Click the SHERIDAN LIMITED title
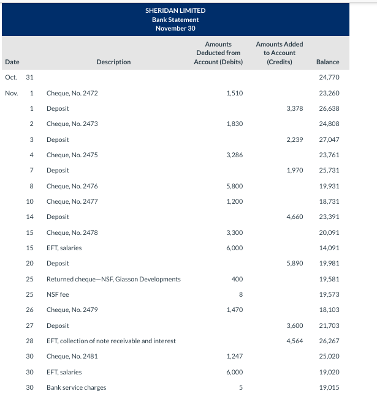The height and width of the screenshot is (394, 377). pos(175,10)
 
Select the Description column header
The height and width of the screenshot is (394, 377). pos(113,62)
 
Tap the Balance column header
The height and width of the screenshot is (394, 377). pos(327,62)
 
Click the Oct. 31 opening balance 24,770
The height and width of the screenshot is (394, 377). pos(329,78)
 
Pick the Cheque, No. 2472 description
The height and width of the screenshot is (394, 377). pos(72,93)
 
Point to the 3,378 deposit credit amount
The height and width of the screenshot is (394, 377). pos(294,108)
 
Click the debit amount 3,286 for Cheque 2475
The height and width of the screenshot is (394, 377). pos(234,155)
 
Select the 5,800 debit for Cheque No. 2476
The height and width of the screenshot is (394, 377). pos(234,186)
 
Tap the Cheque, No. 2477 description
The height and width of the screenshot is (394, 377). pos(72,201)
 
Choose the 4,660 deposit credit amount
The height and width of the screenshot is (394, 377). pos(294,217)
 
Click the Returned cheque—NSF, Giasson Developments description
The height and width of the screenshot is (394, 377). pos(113,279)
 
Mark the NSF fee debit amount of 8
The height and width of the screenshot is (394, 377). pos(241,294)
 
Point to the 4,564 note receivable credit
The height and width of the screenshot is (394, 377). pos(294,341)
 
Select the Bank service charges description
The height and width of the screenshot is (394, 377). pos(76,387)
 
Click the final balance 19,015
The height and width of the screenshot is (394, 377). pos(329,387)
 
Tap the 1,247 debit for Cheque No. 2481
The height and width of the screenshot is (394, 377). pos(234,356)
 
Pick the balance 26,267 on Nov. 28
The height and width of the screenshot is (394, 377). pos(329,341)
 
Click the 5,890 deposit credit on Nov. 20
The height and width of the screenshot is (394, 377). pos(294,263)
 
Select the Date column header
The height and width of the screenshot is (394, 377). pos(12,62)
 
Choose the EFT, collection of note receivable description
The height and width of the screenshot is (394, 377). pos(111,341)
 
